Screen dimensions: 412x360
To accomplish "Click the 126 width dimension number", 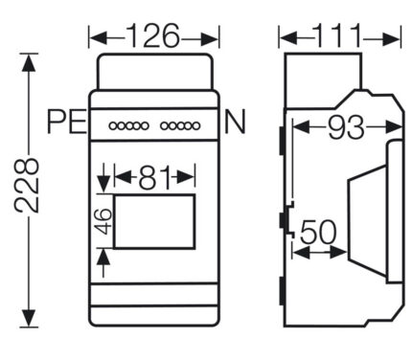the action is click(x=153, y=35).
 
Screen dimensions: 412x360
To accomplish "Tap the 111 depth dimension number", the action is click(x=338, y=35).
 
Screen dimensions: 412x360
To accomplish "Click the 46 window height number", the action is click(x=103, y=221).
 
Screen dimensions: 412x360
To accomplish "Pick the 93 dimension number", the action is click(x=346, y=127).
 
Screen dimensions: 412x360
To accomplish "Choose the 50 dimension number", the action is click(x=318, y=232).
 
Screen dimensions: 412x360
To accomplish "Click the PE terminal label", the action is click(x=67, y=122).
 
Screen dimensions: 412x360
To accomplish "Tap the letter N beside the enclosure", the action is click(x=235, y=122).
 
